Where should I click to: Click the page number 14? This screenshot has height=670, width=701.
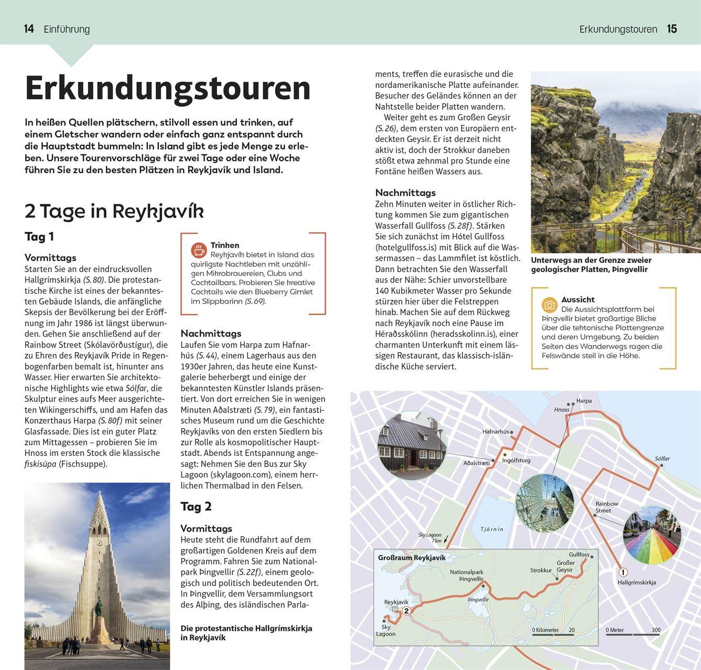click(x=29, y=29)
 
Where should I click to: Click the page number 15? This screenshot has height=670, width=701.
click(x=672, y=29)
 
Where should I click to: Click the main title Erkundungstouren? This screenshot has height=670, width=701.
click(x=167, y=88)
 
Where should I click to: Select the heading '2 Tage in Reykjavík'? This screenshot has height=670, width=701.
click(x=114, y=211)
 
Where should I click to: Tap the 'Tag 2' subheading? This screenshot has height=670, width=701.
click(x=196, y=506)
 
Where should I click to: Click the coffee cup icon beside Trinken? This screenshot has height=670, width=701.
click(x=199, y=250)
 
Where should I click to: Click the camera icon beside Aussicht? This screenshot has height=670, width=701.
click(x=549, y=305)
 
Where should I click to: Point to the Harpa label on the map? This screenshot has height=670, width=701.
click(x=584, y=401)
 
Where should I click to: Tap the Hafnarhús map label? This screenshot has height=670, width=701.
click(x=495, y=432)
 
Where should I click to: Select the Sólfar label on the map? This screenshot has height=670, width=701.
click(x=662, y=459)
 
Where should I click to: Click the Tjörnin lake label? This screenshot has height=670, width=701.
click(x=492, y=529)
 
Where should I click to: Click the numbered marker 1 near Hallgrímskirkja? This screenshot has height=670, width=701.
click(x=623, y=572)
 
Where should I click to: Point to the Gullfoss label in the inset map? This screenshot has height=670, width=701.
click(x=579, y=554)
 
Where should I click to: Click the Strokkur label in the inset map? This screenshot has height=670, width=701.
click(x=541, y=571)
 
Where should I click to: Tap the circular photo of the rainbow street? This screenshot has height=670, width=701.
click(x=652, y=534)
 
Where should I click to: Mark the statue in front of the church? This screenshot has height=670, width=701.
click(x=98, y=610)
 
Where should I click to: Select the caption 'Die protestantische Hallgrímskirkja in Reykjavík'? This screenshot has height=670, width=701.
click(x=246, y=633)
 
